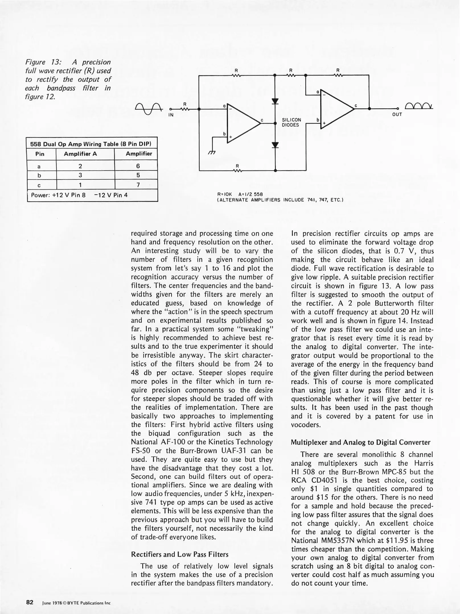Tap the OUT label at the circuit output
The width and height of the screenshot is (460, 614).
[397, 115]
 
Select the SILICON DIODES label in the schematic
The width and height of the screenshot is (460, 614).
[291, 123]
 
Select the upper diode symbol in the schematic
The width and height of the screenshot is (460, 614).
[275, 101]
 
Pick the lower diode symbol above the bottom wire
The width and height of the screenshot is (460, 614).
[275, 145]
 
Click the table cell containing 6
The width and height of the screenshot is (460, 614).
[138, 166]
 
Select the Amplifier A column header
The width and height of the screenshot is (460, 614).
[80, 154]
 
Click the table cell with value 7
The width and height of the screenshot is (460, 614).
[138, 185]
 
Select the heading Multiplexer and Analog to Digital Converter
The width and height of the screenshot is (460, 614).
[360, 442]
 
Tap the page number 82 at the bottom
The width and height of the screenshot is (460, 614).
[30, 602]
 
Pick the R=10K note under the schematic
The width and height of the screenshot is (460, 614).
[225, 194]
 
